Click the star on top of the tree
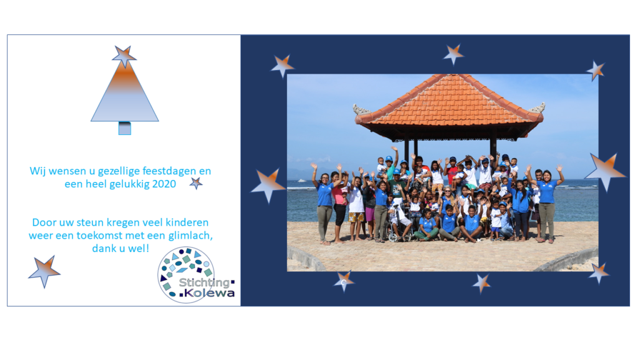124,56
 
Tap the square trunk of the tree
124,128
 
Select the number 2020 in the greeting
164,184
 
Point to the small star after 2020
196,183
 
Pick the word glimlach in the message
190,236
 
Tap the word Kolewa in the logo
209,293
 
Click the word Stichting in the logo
204,282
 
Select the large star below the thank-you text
44,271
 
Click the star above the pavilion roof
454,54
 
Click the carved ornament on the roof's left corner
361,109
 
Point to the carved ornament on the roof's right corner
537,108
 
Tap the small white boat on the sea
302,181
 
